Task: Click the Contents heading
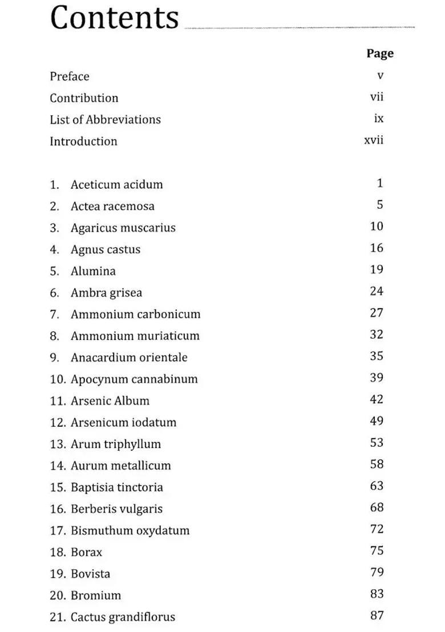[114, 18]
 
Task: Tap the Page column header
[380, 53]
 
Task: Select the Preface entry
[70, 76]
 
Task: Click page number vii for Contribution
[377, 97]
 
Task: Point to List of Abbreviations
[105, 120]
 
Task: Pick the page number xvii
[374, 140]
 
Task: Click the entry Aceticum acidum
[116, 185]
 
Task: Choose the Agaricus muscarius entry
[123, 228]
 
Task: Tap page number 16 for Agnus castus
[377, 248]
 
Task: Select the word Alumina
[93, 272]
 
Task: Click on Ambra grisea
[106, 293]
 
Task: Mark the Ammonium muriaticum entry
[135, 337]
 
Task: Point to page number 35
[377, 356]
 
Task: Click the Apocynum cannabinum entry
[134, 379]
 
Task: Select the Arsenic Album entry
[110, 401]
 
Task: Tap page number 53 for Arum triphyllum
[377, 443]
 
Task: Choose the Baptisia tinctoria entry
[116, 488]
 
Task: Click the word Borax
[86, 553]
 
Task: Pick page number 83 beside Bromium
[377, 594]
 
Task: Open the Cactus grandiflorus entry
[123, 617]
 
